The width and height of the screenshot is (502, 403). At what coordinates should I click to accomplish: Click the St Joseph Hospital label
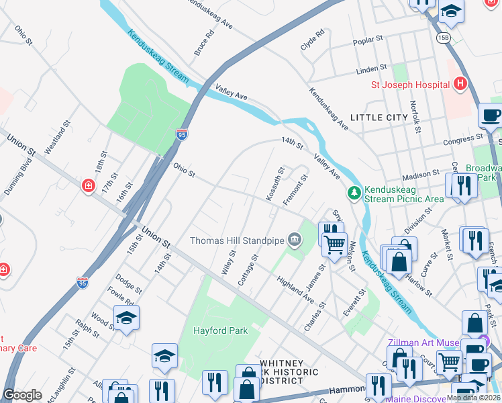[x=410, y=85]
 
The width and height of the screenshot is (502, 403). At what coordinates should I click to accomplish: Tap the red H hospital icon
[x=460, y=84]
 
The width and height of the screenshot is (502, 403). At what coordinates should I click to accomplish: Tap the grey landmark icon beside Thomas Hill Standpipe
[x=294, y=240]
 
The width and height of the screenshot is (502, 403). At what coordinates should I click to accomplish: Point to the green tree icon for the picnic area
[x=354, y=193]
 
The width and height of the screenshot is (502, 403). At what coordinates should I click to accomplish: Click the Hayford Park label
[x=220, y=330]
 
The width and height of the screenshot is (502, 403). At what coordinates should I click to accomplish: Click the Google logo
[x=23, y=395]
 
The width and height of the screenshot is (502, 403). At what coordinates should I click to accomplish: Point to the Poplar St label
[x=368, y=41]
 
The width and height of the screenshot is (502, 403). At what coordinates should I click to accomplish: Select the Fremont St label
[x=295, y=189]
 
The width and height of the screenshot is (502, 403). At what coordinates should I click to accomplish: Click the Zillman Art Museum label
[x=423, y=343]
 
